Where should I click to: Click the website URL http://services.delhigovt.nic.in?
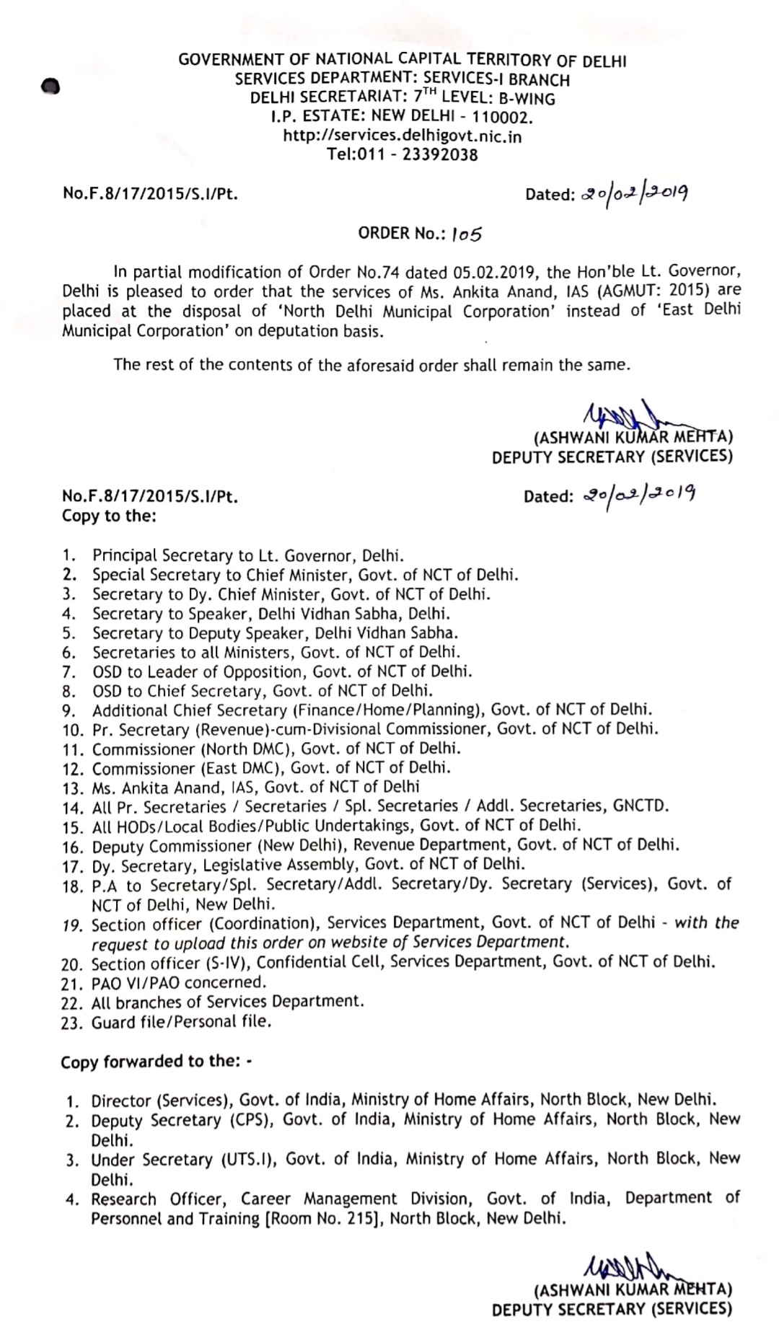point(402,136)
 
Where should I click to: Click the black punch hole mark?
point(49,86)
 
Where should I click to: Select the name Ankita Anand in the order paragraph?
point(488,292)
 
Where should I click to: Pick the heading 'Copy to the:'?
point(109,516)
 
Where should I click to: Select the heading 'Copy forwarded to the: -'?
point(157,1062)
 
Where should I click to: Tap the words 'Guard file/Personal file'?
point(181,1022)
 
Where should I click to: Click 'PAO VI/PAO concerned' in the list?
point(178,982)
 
